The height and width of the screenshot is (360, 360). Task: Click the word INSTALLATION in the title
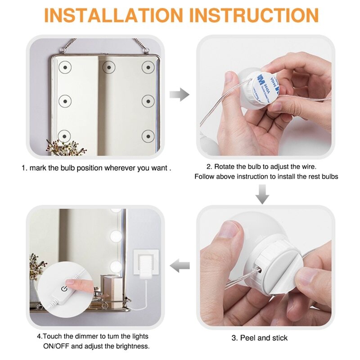(x=113, y=15)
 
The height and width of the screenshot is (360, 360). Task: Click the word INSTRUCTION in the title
(x=254, y=15)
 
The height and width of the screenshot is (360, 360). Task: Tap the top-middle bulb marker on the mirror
(x=109, y=67)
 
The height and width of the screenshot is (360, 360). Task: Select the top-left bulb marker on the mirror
(x=65, y=67)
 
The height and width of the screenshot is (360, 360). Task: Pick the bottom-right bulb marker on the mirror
(x=148, y=136)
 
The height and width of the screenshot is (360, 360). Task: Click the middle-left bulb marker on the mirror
(x=65, y=101)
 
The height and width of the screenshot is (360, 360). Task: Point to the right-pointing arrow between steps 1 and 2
(x=179, y=94)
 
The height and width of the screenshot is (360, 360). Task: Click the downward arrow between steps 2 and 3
(x=262, y=194)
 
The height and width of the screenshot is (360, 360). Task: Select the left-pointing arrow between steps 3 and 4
(x=180, y=265)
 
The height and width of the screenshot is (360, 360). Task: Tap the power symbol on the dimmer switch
(x=64, y=288)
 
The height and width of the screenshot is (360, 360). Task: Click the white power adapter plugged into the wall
(x=146, y=266)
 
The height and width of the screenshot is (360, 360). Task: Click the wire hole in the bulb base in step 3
(x=260, y=271)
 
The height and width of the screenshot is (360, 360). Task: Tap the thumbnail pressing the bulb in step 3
(x=229, y=230)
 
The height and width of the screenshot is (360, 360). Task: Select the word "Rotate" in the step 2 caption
(x=225, y=166)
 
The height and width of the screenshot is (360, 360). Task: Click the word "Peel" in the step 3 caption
(x=248, y=338)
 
